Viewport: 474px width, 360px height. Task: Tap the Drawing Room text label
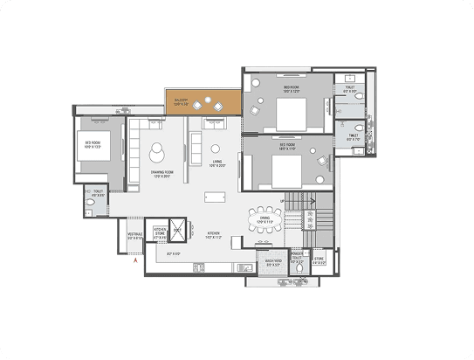click(160, 175)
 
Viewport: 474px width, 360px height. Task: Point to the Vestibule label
click(135, 236)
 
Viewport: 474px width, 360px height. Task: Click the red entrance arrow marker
click(134, 260)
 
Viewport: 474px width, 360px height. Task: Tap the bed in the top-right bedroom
click(290, 112)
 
